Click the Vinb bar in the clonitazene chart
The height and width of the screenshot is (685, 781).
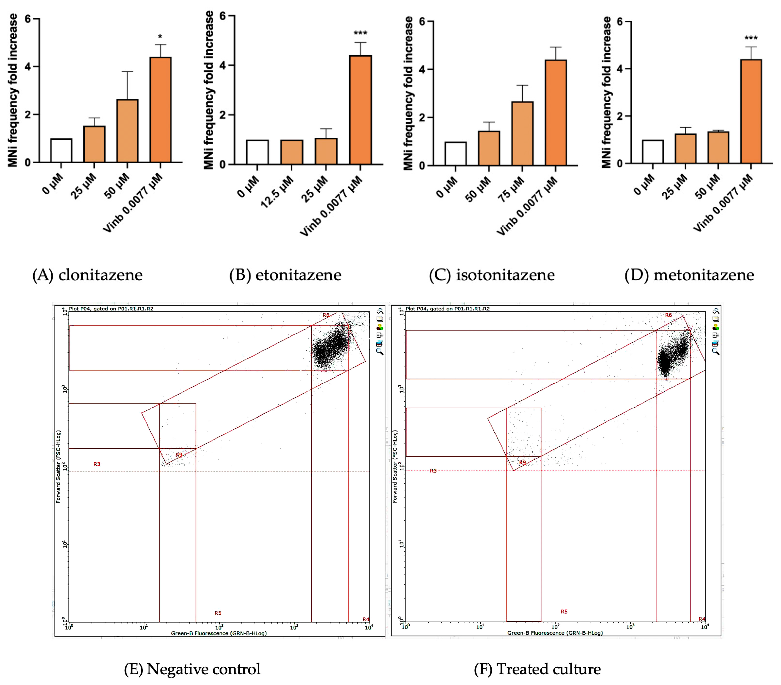pyautogui.click(x=160, y=110)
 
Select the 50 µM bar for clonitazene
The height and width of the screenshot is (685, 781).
pyautogui.click(x=127, y=131)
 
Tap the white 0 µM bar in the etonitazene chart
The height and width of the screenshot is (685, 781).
pyautogui.click(x=257, y=152)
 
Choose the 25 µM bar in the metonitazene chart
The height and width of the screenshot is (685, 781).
pyautogui.click(x=685, y=149)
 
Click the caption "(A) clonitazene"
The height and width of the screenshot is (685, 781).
pyautogui.click(x=88, y=275)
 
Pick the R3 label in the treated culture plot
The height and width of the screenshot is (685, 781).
pyautogui.click(x=433, y=471)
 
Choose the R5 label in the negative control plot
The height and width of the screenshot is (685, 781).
pyautogui.click(x=218, y=613)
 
